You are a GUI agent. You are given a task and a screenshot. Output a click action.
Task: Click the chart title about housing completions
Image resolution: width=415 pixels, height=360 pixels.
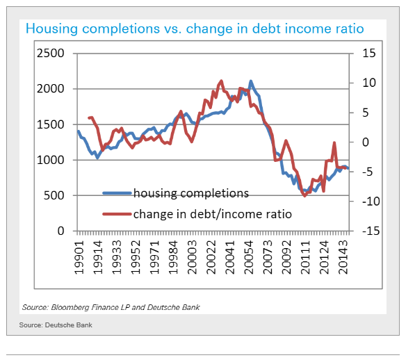(195, 28)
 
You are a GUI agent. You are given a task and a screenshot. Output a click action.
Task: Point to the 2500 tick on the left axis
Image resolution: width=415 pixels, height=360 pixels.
(51, 54)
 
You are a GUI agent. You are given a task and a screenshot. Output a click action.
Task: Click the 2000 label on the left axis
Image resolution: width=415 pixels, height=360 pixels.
(51, 89)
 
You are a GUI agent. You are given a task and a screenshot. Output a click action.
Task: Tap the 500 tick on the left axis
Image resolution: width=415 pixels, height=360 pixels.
(54, 195)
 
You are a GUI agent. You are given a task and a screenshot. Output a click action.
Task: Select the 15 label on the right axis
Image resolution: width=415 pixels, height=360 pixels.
(369, 54)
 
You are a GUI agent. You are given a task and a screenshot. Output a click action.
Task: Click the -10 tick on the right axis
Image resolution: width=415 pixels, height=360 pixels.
(371, 202)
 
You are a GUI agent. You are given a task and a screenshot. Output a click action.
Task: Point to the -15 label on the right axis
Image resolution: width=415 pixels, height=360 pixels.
(371, 231)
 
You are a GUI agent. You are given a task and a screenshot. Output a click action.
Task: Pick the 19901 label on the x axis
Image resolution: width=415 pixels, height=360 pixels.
(79, 257)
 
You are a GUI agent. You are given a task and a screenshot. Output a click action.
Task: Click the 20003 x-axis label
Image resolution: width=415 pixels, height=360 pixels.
(192, 257)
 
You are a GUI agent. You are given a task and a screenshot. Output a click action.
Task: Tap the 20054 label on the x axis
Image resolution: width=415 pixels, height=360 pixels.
(249, 257)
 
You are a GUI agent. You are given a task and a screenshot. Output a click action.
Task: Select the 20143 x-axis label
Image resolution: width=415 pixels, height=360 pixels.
(343, 257)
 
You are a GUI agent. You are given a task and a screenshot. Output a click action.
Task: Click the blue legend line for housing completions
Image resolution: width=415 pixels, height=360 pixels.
(117, 193)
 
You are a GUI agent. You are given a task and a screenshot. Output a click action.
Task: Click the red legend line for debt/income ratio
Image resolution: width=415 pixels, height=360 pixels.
(117, 214)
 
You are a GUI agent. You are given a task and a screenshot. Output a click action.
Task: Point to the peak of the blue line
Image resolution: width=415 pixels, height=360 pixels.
(251, 81)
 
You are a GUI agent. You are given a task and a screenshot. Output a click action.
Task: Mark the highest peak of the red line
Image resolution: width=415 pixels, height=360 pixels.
(221, 81)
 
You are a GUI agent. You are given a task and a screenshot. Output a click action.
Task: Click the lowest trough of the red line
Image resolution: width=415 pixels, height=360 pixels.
(304, 196)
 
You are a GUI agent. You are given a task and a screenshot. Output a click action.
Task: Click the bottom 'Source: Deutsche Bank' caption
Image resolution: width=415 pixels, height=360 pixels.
(56, 325)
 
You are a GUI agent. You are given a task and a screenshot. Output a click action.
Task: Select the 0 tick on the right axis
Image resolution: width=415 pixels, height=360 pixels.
(366, 142)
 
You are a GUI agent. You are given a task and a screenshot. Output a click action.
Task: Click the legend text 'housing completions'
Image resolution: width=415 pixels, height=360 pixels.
(191, 193)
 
